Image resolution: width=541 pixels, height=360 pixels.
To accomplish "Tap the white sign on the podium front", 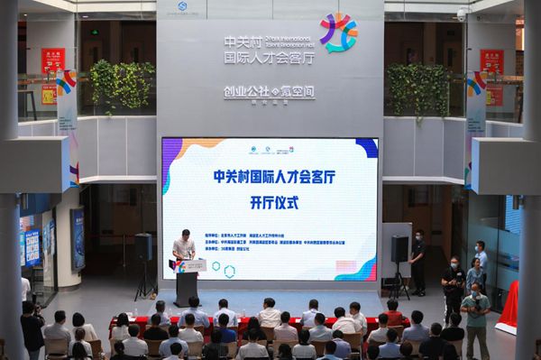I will [x=191, y=266].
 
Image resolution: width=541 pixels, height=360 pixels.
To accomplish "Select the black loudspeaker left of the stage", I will [x=143, y=246].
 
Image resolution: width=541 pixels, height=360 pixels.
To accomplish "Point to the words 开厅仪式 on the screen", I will [x=270, y=201].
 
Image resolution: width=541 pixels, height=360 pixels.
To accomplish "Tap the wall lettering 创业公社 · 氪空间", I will [x=270, y=92].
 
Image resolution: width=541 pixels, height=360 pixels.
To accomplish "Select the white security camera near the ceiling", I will [x=462, y=14].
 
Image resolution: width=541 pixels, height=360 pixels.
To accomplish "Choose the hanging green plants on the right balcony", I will [x=417, y=88].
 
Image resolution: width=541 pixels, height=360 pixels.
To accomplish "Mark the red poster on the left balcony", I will [x=52, y=61].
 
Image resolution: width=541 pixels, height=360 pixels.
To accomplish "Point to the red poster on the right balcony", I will [x=491, y=62].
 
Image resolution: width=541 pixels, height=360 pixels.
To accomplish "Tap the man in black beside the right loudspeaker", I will [x=417, y=262].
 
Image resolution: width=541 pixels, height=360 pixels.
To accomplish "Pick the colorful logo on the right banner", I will [x=475, y=86].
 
